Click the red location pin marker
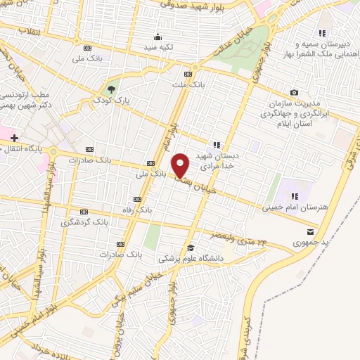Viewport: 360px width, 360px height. [x=181, y=165]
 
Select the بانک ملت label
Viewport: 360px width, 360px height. [x=187, y=84]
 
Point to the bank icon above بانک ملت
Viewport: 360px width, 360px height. [x=187, y=74]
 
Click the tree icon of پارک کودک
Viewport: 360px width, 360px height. [x=111, y=89]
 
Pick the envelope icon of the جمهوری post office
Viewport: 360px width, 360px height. [x=311, y=231]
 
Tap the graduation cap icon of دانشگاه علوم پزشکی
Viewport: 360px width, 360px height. [x=190, y=247]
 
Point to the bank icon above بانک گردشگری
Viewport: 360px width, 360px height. [x=85, y=211]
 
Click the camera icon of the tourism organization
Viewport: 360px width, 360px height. [x=294, y=93]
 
